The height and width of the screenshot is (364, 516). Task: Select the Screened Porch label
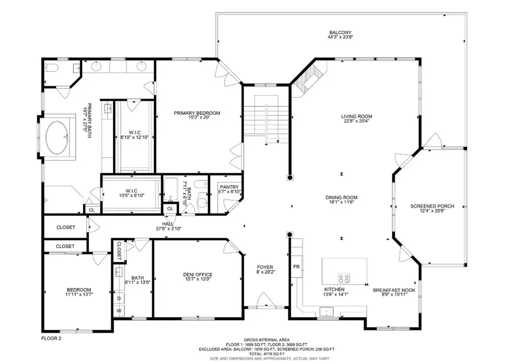pos(432,206)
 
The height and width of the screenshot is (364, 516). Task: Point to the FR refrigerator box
pos(296,266)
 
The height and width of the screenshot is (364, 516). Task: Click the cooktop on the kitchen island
pos(344,278)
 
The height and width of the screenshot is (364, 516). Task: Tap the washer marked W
pos(119,311)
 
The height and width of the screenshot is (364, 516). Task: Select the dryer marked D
pos(119,299)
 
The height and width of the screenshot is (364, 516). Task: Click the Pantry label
pos(225,187)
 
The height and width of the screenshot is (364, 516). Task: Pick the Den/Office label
pos(198,275)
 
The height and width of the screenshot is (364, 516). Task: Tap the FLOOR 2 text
pos(51,339)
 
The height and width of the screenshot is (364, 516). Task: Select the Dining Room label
pos(341,197)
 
